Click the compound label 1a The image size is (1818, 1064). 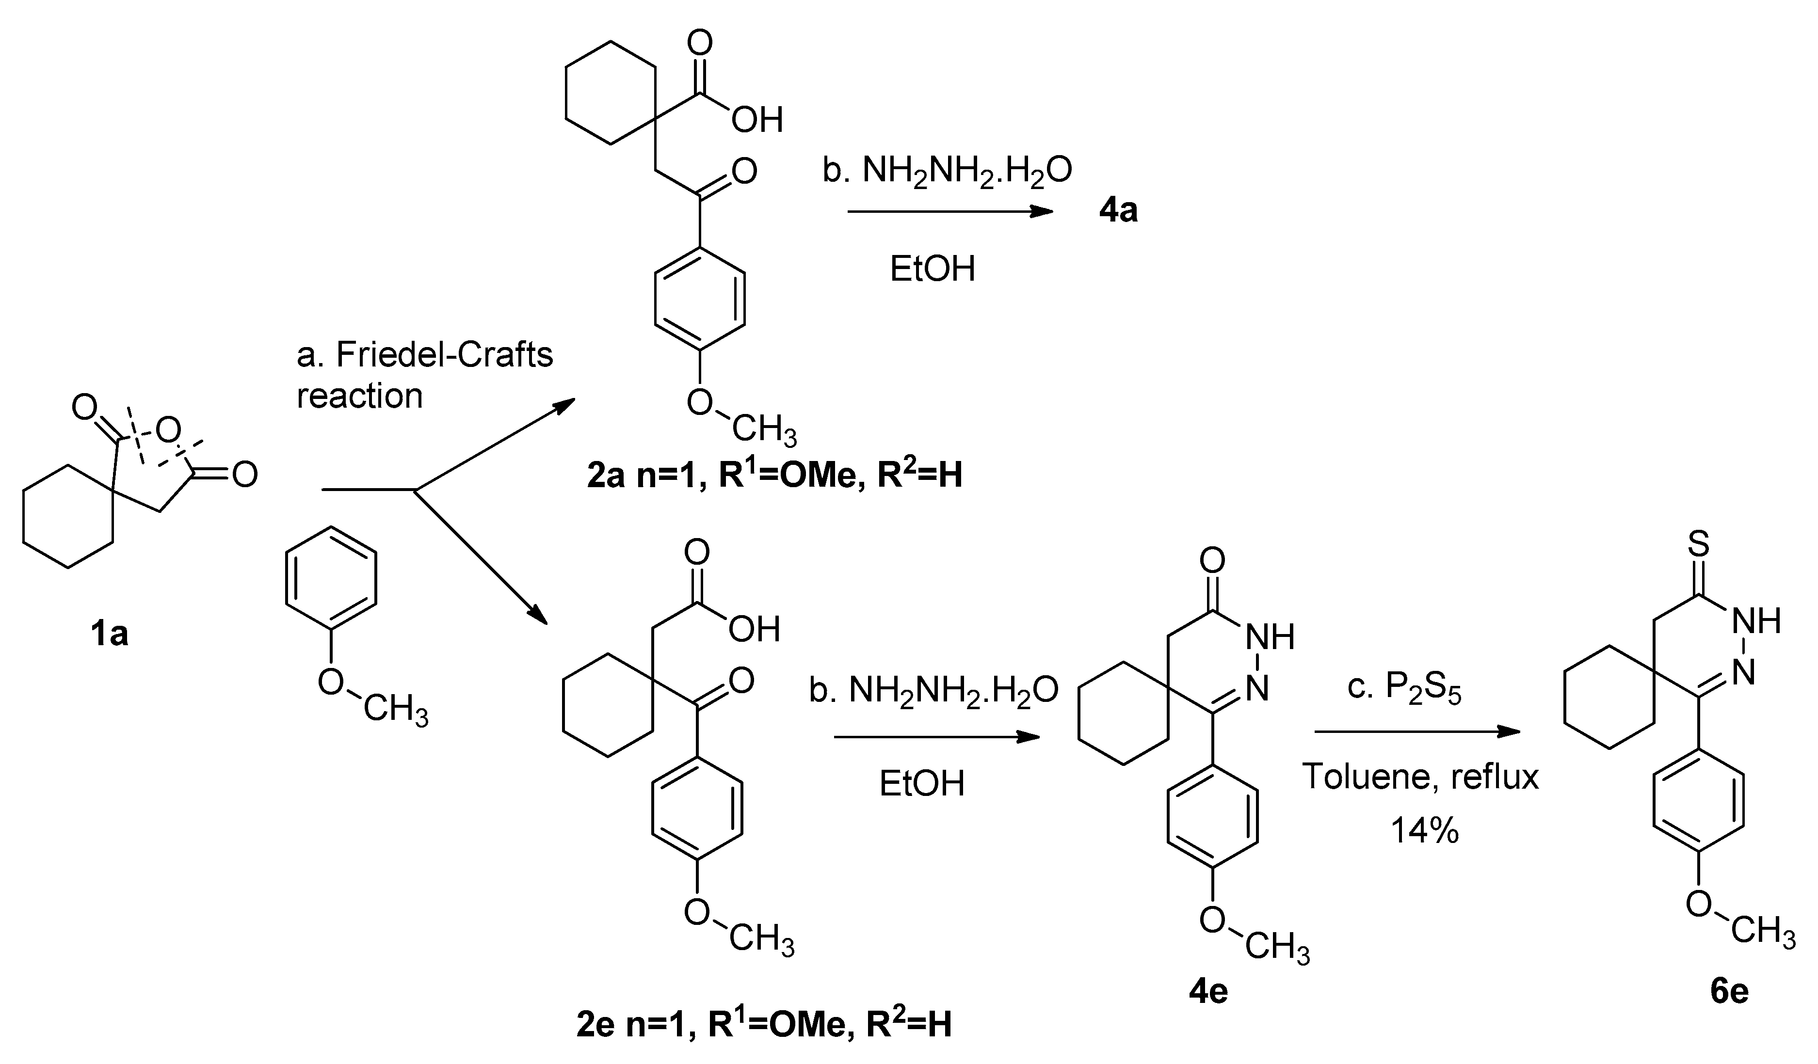[109, 634]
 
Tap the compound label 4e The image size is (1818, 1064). [1208, 991]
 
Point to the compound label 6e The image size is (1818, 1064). [1729, 991]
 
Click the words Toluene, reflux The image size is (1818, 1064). [1420, 777]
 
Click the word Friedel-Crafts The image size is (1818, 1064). [444, 355]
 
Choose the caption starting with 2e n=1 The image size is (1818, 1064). [764, 1024]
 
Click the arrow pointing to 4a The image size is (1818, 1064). [949, 211]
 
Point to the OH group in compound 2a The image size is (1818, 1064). [757, 120]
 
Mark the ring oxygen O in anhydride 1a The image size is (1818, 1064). [168, 431]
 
